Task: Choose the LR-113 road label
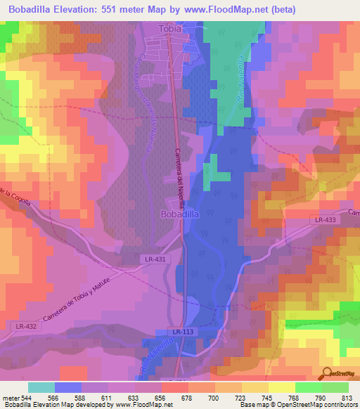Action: (x=182, y=331)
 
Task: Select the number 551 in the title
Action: (x=120, y=9)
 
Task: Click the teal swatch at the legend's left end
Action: (x=41, y=387)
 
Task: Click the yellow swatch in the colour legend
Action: (x=281, y=387)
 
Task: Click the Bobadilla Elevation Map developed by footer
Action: (x=63, y=405)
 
